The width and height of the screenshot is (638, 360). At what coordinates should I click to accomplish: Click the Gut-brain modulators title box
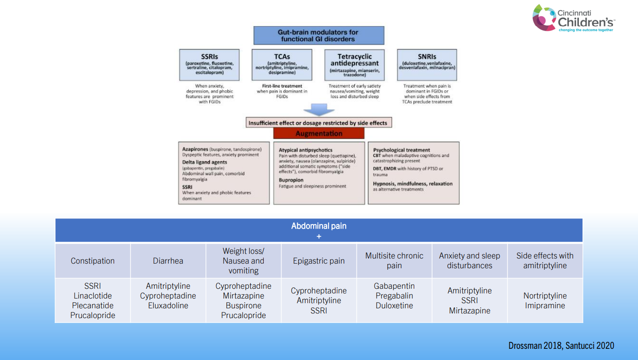(318, 35)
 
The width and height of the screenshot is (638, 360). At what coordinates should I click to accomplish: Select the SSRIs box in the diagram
(209, 64)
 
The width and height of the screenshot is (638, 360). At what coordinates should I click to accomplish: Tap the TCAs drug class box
(282, 64)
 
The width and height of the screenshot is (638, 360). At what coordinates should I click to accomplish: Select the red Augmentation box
(319, 134)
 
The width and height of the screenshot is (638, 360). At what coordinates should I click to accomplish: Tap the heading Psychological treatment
(401, 150)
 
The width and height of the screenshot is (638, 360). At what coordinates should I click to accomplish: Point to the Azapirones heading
(195, 149)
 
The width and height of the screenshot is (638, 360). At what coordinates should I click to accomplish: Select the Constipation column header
(93, 261)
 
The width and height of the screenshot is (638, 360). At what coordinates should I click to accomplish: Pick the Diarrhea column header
(168, 261)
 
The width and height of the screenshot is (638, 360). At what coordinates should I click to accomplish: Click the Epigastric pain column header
(319, 261)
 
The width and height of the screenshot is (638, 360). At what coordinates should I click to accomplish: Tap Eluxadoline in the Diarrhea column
(168, 306)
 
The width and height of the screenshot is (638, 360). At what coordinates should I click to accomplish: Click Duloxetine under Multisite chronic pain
(394, 306)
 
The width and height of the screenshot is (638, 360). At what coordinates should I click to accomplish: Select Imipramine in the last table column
(545, 306)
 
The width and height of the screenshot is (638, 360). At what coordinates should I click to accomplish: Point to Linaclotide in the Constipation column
(93, 296)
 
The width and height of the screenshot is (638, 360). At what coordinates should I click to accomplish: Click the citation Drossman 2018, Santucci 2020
(561, 346)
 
